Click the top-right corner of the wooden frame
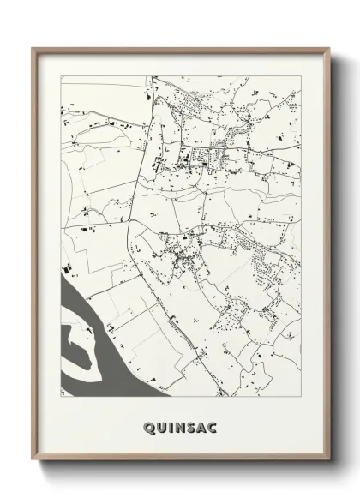pos(327,49)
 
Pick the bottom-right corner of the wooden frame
pos(327,459)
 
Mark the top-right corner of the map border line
pos(301,76)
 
